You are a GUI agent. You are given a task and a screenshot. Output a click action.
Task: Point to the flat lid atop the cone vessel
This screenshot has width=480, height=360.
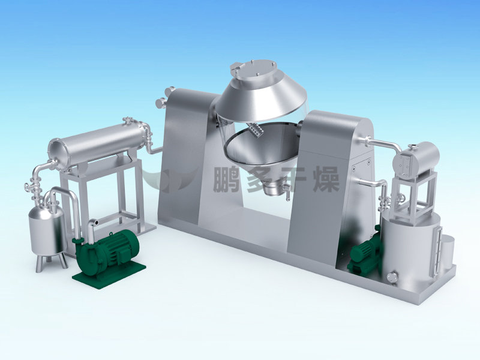pos(253,70)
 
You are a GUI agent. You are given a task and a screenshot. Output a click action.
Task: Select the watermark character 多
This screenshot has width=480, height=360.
pos(260,179)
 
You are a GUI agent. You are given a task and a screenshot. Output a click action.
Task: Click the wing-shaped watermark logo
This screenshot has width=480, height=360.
pos(172,181)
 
